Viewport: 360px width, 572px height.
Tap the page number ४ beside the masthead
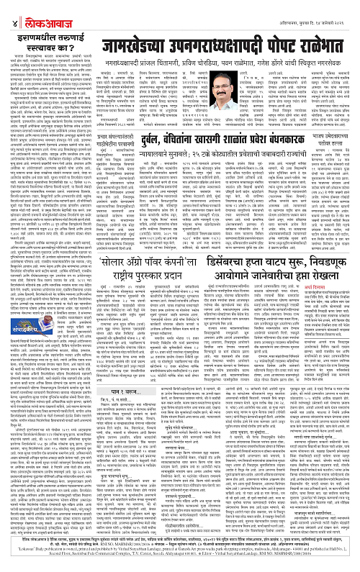pos(8,10)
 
